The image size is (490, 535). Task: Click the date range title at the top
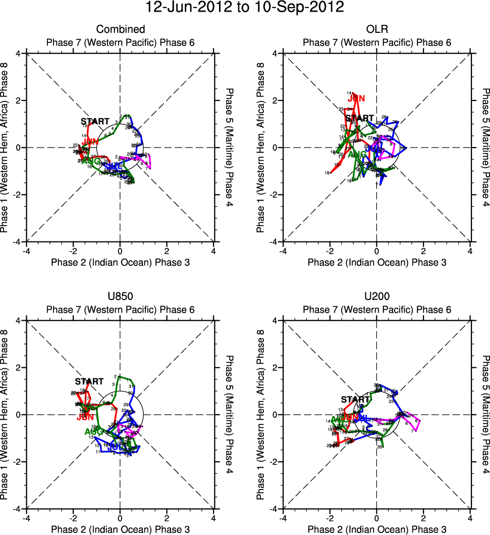[x=245, y=8]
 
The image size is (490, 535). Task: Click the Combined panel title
[x=121, y=29]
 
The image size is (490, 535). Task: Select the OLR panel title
[x=377, y=29]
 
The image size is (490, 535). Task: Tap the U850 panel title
[x=121, y=297]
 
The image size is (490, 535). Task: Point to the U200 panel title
[x=377, y=297]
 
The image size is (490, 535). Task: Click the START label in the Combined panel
[x=95, y=121]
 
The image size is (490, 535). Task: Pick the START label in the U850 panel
[x=89, y=381]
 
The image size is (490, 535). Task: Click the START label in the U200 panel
[x=355, y=400]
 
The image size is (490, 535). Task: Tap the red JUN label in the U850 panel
[x=85, y=417]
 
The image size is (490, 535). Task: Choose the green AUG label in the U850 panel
[x=93, y=431]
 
